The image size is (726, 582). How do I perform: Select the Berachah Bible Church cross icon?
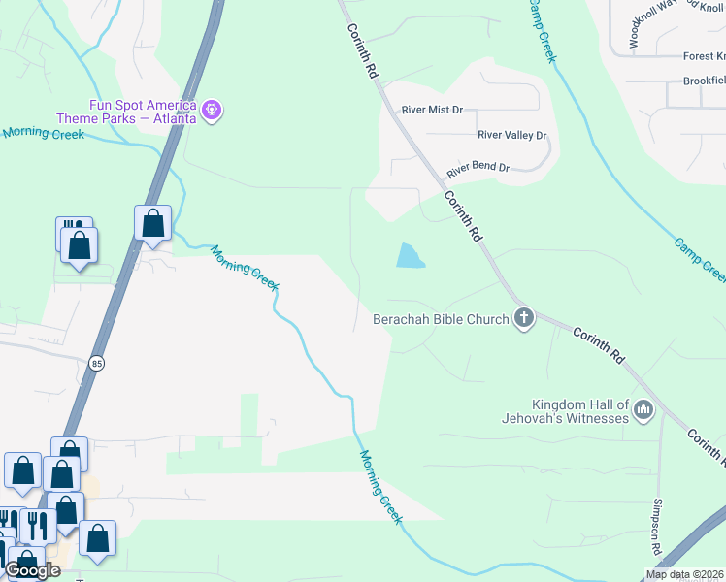[x=524, y=318]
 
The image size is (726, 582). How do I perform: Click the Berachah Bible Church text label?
[x=442, y=319]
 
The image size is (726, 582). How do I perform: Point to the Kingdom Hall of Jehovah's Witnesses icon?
[x=643, y=411]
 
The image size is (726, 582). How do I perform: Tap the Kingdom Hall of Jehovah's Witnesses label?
[x=580, y=411]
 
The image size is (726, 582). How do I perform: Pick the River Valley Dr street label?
[x=512, y=136]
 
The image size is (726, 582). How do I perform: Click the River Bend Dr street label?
[x=478, y=169]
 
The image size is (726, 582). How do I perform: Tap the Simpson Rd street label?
[x=657, y=528]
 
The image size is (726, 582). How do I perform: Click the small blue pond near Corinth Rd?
[x=410, y=256]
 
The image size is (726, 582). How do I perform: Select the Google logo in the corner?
[x=32, y=570]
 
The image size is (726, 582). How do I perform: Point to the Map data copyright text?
[x=684, y=574]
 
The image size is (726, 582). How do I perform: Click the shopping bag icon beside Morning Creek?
[x=153, y=223]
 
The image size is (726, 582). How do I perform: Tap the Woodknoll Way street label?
[x=645, y=24]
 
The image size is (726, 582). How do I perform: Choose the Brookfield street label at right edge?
[x=704, y=81]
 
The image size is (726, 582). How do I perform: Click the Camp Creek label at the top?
[x=542, y=29]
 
